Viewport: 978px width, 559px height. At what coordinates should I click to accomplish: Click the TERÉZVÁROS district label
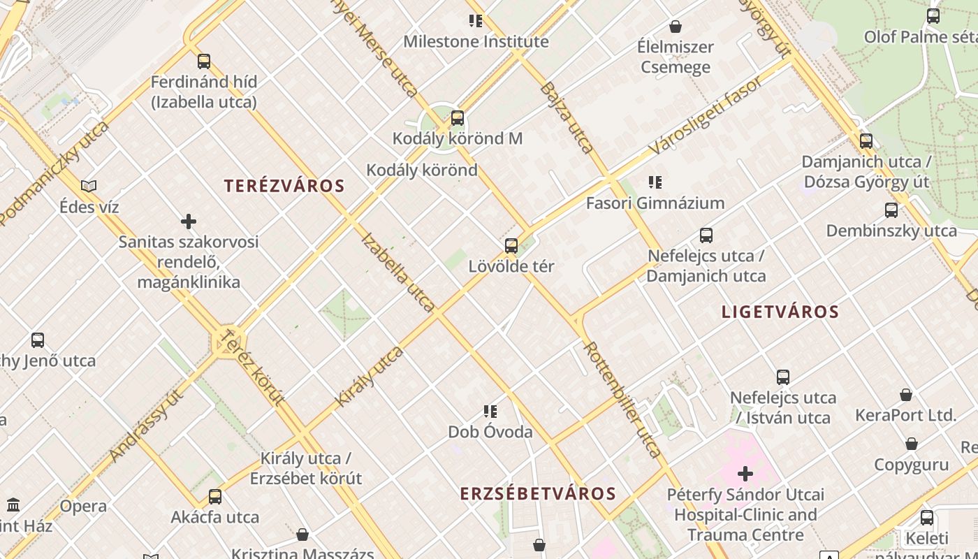[284, 186]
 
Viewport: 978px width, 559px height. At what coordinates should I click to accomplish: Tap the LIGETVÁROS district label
[780, 312]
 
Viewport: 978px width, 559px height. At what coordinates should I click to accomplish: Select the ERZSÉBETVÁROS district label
[538, 493]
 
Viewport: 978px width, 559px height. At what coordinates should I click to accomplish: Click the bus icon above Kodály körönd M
[458, 118]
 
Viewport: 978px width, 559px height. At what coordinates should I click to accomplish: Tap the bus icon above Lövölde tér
[511, 246]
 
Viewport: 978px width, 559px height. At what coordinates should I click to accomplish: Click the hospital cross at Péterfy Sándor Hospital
[745, 474]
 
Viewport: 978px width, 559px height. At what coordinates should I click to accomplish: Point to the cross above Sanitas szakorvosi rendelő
[188, 222]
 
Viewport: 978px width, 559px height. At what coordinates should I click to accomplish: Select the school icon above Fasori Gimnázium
[655, 182]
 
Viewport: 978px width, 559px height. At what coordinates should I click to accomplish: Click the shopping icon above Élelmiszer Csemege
[675, 27]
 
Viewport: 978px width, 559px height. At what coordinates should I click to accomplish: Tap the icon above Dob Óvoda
[490, 412]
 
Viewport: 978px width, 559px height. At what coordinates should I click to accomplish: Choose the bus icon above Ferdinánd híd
[203, 61]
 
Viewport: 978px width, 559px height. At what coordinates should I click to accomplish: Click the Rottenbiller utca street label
[622, 399]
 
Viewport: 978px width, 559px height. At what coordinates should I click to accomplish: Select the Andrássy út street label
[146, 426]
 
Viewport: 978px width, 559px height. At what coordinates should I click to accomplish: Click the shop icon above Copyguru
[911, 444]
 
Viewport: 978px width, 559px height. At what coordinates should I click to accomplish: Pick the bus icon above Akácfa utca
[215, 497]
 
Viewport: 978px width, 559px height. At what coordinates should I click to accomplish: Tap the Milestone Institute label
[476, 41]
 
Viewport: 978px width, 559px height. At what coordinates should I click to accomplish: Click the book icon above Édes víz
[89, 186]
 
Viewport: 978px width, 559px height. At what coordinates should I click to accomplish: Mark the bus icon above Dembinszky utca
[891, 210]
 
